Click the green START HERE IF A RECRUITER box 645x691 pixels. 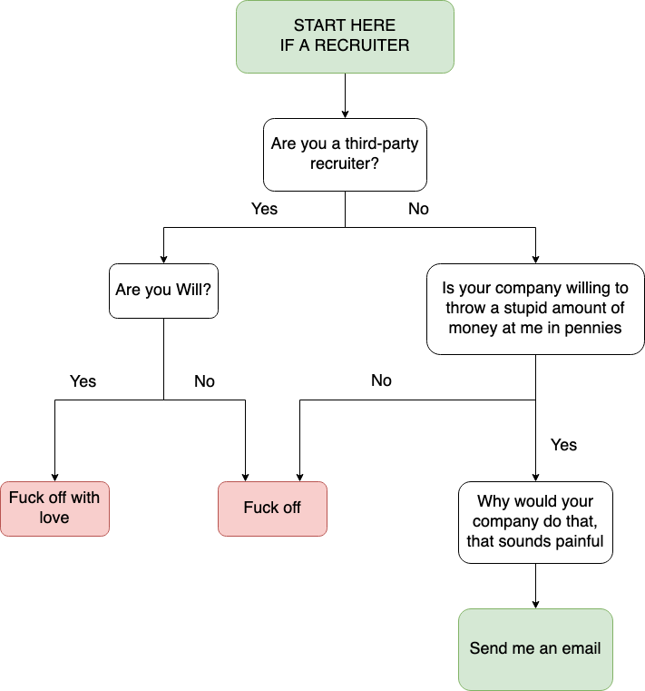[x=345, y=36]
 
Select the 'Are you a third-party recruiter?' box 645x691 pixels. [x=345, y=154]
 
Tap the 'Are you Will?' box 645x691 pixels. [x=163, y=291]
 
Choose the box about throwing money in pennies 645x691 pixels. [x=535, y=309]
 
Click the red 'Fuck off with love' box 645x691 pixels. [x=54, y=508]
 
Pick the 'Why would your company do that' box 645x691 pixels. [x=535, y=522]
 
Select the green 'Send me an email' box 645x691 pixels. [x=535, y=649]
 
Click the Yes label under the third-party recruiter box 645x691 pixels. [x=264, y=209]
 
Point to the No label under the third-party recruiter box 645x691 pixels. [x=418, y=209]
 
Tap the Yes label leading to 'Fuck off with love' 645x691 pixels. [x=83, y=381]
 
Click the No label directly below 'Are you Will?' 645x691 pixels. [x=204, y=381]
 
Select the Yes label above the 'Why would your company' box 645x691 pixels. [x=563, y=445]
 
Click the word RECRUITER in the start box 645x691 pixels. [x=362, y=45]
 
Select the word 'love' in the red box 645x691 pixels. [x=54, y=518]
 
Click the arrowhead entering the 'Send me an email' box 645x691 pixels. [x=535, y=606]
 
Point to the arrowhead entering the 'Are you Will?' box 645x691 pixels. [x=163, y=260]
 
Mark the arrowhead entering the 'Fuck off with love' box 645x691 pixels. [x=54, y=478]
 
